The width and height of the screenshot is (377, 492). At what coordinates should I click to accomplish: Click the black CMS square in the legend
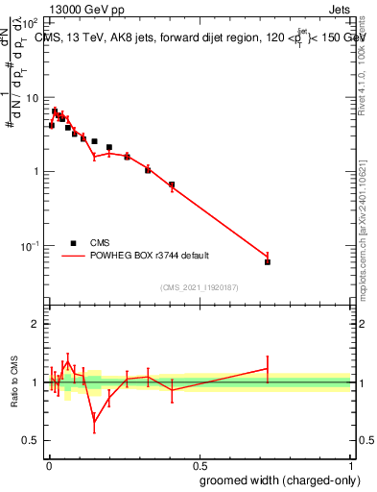[72, 243]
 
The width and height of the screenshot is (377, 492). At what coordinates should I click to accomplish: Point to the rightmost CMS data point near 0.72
[268, 261]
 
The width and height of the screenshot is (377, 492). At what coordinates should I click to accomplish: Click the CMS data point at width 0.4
[172, 184]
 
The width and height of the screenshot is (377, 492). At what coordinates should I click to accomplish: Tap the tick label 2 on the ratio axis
[35, 324]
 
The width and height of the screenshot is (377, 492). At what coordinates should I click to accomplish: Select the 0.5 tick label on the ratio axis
[32, 441]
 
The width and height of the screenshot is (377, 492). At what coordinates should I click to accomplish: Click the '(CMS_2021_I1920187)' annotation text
[200, 286]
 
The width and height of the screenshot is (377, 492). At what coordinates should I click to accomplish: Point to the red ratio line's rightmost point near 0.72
[268, 368]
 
